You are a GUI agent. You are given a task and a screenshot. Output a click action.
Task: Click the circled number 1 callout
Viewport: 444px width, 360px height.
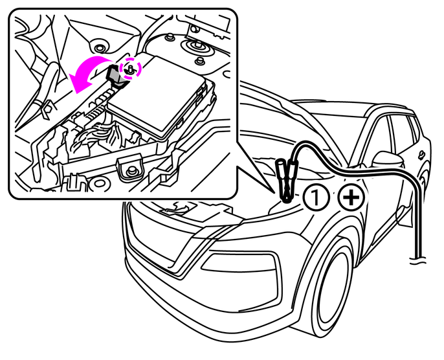click(316, 197)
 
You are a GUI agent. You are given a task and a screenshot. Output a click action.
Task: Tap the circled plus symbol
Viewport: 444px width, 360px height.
click(351, 197)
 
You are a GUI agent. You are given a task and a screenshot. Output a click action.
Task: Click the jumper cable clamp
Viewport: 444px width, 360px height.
click(285, 181)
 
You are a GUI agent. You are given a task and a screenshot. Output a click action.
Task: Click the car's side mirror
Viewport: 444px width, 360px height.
click(388, 161)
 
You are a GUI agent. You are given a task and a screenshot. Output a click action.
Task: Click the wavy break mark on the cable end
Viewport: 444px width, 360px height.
click(418, 260)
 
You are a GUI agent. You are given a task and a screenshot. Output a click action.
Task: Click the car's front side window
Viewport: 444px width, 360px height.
click(377, 136)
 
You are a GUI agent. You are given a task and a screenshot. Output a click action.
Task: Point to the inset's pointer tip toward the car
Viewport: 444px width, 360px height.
click(275, 194)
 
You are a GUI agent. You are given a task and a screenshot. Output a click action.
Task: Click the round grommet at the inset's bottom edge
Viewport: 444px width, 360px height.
click(99, 183)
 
